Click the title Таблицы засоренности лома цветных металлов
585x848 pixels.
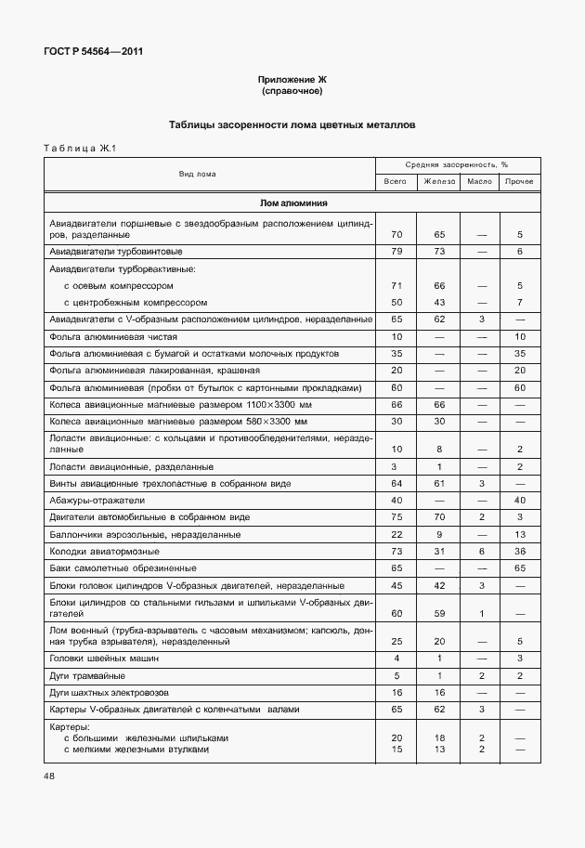pos(292,124)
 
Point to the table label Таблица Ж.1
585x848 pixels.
pos(78,149)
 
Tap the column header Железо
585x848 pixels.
pos(438,181)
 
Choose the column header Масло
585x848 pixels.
pos(479,181)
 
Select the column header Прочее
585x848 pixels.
pos(519,181)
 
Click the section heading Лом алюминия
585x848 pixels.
pos(292,202)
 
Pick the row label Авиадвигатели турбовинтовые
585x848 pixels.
pos(115,251)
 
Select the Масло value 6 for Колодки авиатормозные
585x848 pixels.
pos(481,551)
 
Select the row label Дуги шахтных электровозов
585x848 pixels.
pos(113,692)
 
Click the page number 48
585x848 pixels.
pos(50,775)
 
